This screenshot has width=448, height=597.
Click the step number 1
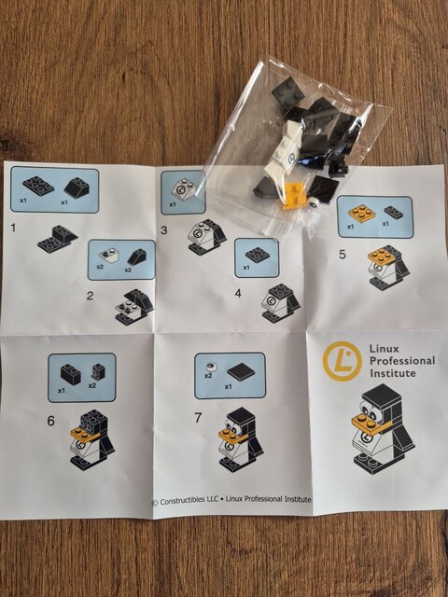pyautogui.click(x=14, y=228)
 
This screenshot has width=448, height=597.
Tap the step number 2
pyautogui.click(x=90, y=296)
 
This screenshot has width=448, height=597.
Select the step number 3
pyautogui.click(x=164, y=230)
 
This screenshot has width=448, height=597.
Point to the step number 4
pyautogui.click(x=238, y=293)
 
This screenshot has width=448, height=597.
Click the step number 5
pyautogui.click(x=343, y=255)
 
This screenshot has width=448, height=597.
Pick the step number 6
pyautogui.click(x=51, y=421)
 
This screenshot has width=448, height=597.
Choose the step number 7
pyautogui.click(x=198, y=418)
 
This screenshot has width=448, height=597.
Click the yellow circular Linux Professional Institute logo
pyautogui.click(x=343, y=361)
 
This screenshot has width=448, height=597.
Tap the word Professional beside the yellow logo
pyautogui.click(x=402, y=361)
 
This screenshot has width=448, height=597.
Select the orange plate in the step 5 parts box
pyautogui.click(x=361, y=213)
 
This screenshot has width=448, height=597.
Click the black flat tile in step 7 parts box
pyautogui.click(x=241, y=373)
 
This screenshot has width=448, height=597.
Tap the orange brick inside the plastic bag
pyautogui.click(x=292, y=194)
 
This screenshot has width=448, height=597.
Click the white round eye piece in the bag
pyautogui.click(x=314, y=202)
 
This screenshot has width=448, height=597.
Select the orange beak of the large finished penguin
pyautogui.click(x=371, y=423)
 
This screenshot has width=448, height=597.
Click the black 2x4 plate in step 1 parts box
pyautogui.click(x=38, y=185)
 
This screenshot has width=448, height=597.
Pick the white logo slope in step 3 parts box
pyautogui.click(x=185, y=188)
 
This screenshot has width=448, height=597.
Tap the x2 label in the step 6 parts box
pyautogui.click(x=92, y=385)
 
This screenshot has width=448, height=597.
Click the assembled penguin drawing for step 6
pyautogui.click(x=92, y=439)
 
